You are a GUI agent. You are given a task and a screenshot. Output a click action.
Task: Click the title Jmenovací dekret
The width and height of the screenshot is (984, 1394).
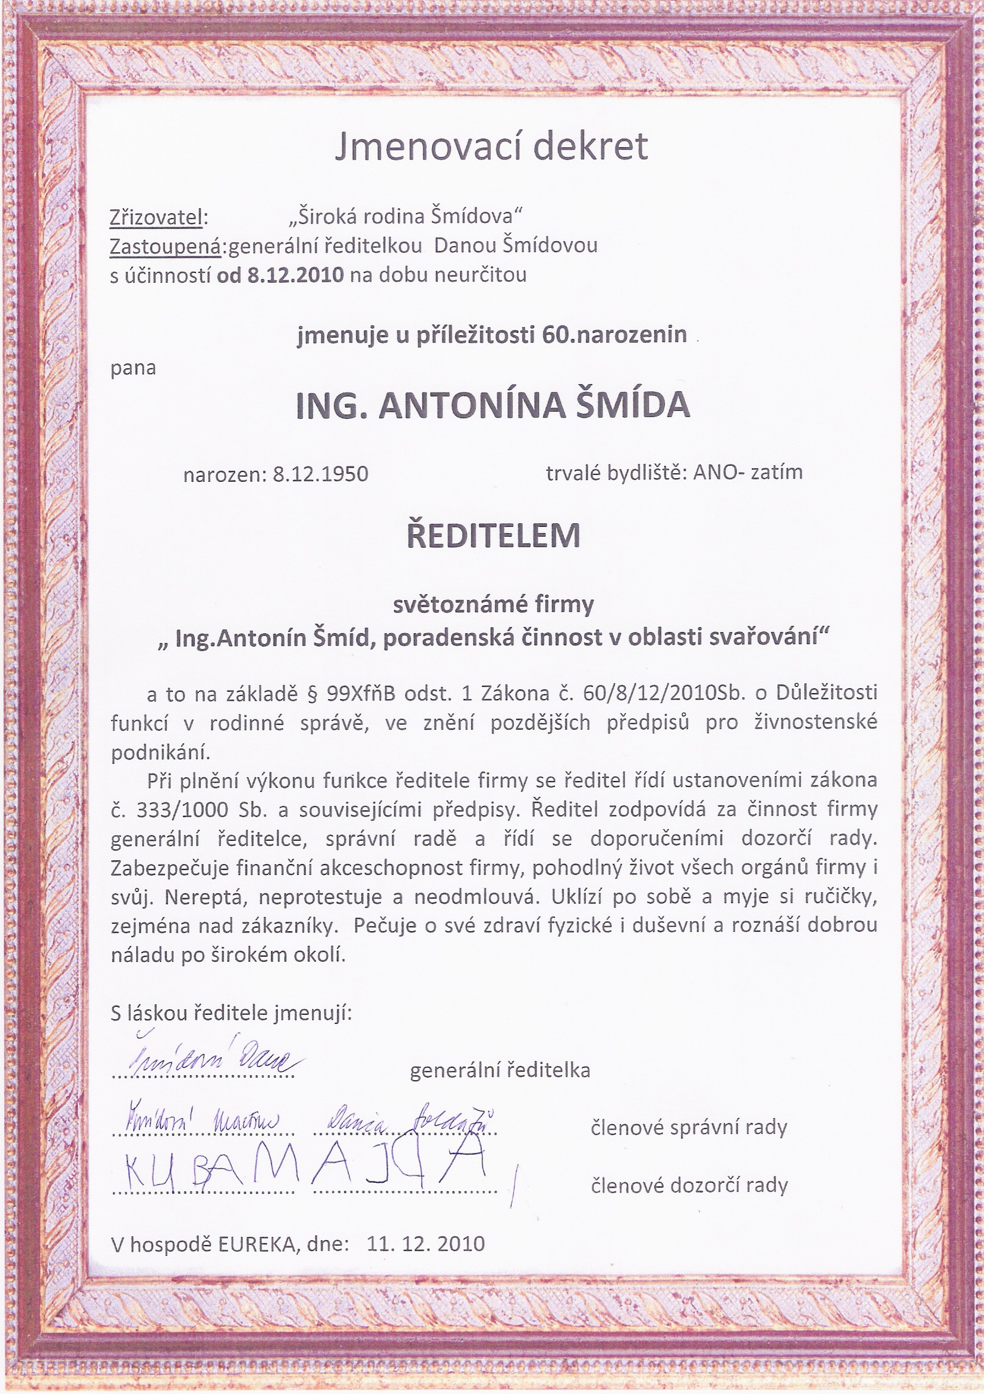491,147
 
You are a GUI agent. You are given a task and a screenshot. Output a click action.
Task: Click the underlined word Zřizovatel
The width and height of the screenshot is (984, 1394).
156,217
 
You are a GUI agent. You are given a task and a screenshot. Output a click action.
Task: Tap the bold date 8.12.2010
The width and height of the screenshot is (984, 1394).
295,275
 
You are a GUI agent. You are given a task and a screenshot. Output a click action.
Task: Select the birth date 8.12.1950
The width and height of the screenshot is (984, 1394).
320,474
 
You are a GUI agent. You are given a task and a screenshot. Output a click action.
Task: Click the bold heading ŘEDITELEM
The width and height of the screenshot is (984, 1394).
493,535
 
